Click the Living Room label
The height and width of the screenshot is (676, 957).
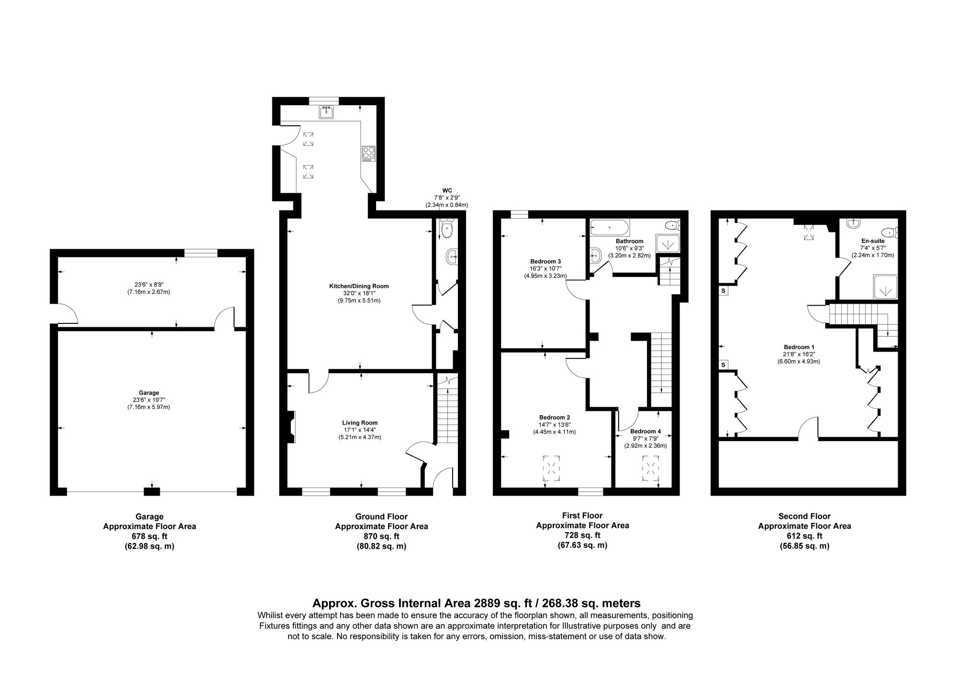tap(359, 423)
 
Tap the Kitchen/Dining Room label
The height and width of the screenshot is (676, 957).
tap(359, 286)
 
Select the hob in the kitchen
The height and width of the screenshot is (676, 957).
tap(369, 154)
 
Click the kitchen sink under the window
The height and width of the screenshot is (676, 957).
tap(326, 112)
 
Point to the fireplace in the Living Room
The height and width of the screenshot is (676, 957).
tap(291, 427)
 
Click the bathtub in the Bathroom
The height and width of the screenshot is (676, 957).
tap(609, 226)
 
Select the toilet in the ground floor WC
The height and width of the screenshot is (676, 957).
tap(447, 229)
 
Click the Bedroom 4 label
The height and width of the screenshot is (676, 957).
tap(645, 432)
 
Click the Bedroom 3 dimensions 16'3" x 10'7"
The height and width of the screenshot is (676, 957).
tap(545, 269)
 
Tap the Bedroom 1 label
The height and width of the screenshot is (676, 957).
tap(799, 347)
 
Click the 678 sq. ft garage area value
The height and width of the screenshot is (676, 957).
tap(149, 536)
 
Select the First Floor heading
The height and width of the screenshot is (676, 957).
tap(582, 516)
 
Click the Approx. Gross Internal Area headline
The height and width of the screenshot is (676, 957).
tap(476, 603)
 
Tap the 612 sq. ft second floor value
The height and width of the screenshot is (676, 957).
tap(804, 536)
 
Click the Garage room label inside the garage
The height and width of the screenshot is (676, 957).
tap(150, 393)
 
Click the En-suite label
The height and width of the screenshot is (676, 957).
tap(872, 241)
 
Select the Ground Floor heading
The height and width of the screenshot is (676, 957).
tap(381, 517)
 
